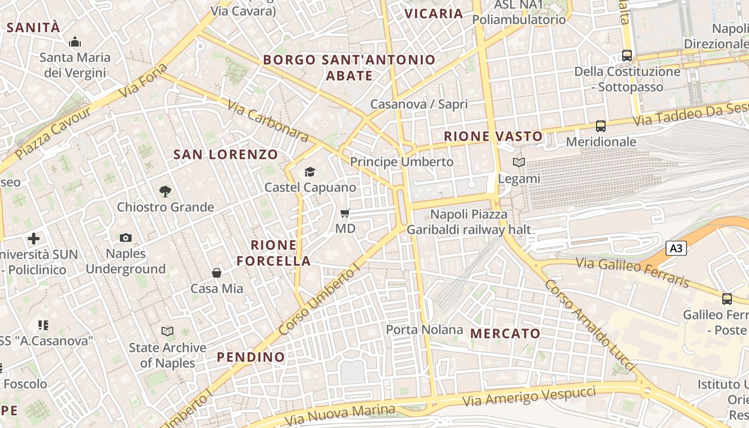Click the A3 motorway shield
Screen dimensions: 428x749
pyautogui.click(x=676, y=248)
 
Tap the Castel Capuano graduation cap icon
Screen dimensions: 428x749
pyautogui.click(x=310, y=172)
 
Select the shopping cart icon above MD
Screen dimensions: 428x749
pyautogui.click(x=345, y=213)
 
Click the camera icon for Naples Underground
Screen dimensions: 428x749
pyautogui.click(x=126, y=238)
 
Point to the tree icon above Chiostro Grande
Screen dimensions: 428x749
pyautogui.click(x=165, y=191)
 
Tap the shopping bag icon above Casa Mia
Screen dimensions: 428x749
pyautogui.click(x=217, y=273)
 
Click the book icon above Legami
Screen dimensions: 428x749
pyautogui.click(x=518, y=162)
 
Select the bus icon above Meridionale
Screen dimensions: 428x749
pyautogui.click(x=601, y=126)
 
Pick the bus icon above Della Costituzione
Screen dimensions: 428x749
pyautogui.click(x=627, y=55)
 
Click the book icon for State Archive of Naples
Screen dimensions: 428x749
pyautogui.click(x=167, y=332)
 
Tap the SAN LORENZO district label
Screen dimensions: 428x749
pyautogui.click(x=226, y=155)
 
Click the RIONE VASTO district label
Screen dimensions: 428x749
pyautogui.click(x=493, y=136)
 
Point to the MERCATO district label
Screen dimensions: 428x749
pyautogui.click(x=505, y=333)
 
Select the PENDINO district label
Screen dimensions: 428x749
pyautogui.click(x=251, y=357)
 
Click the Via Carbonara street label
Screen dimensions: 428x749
pyautogui.click(x=268, y=121)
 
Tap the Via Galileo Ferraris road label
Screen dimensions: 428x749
pyautogui.click(x=633, y=272)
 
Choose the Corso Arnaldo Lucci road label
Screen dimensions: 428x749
pyautogui.click(x=590, y=325)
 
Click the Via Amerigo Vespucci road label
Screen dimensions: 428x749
pyautogui.click(x=529, y=396)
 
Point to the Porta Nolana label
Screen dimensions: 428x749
pyautogui.click(x=424, y=330)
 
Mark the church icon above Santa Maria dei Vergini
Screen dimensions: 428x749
pyautogui.click(x=75, y=41)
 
